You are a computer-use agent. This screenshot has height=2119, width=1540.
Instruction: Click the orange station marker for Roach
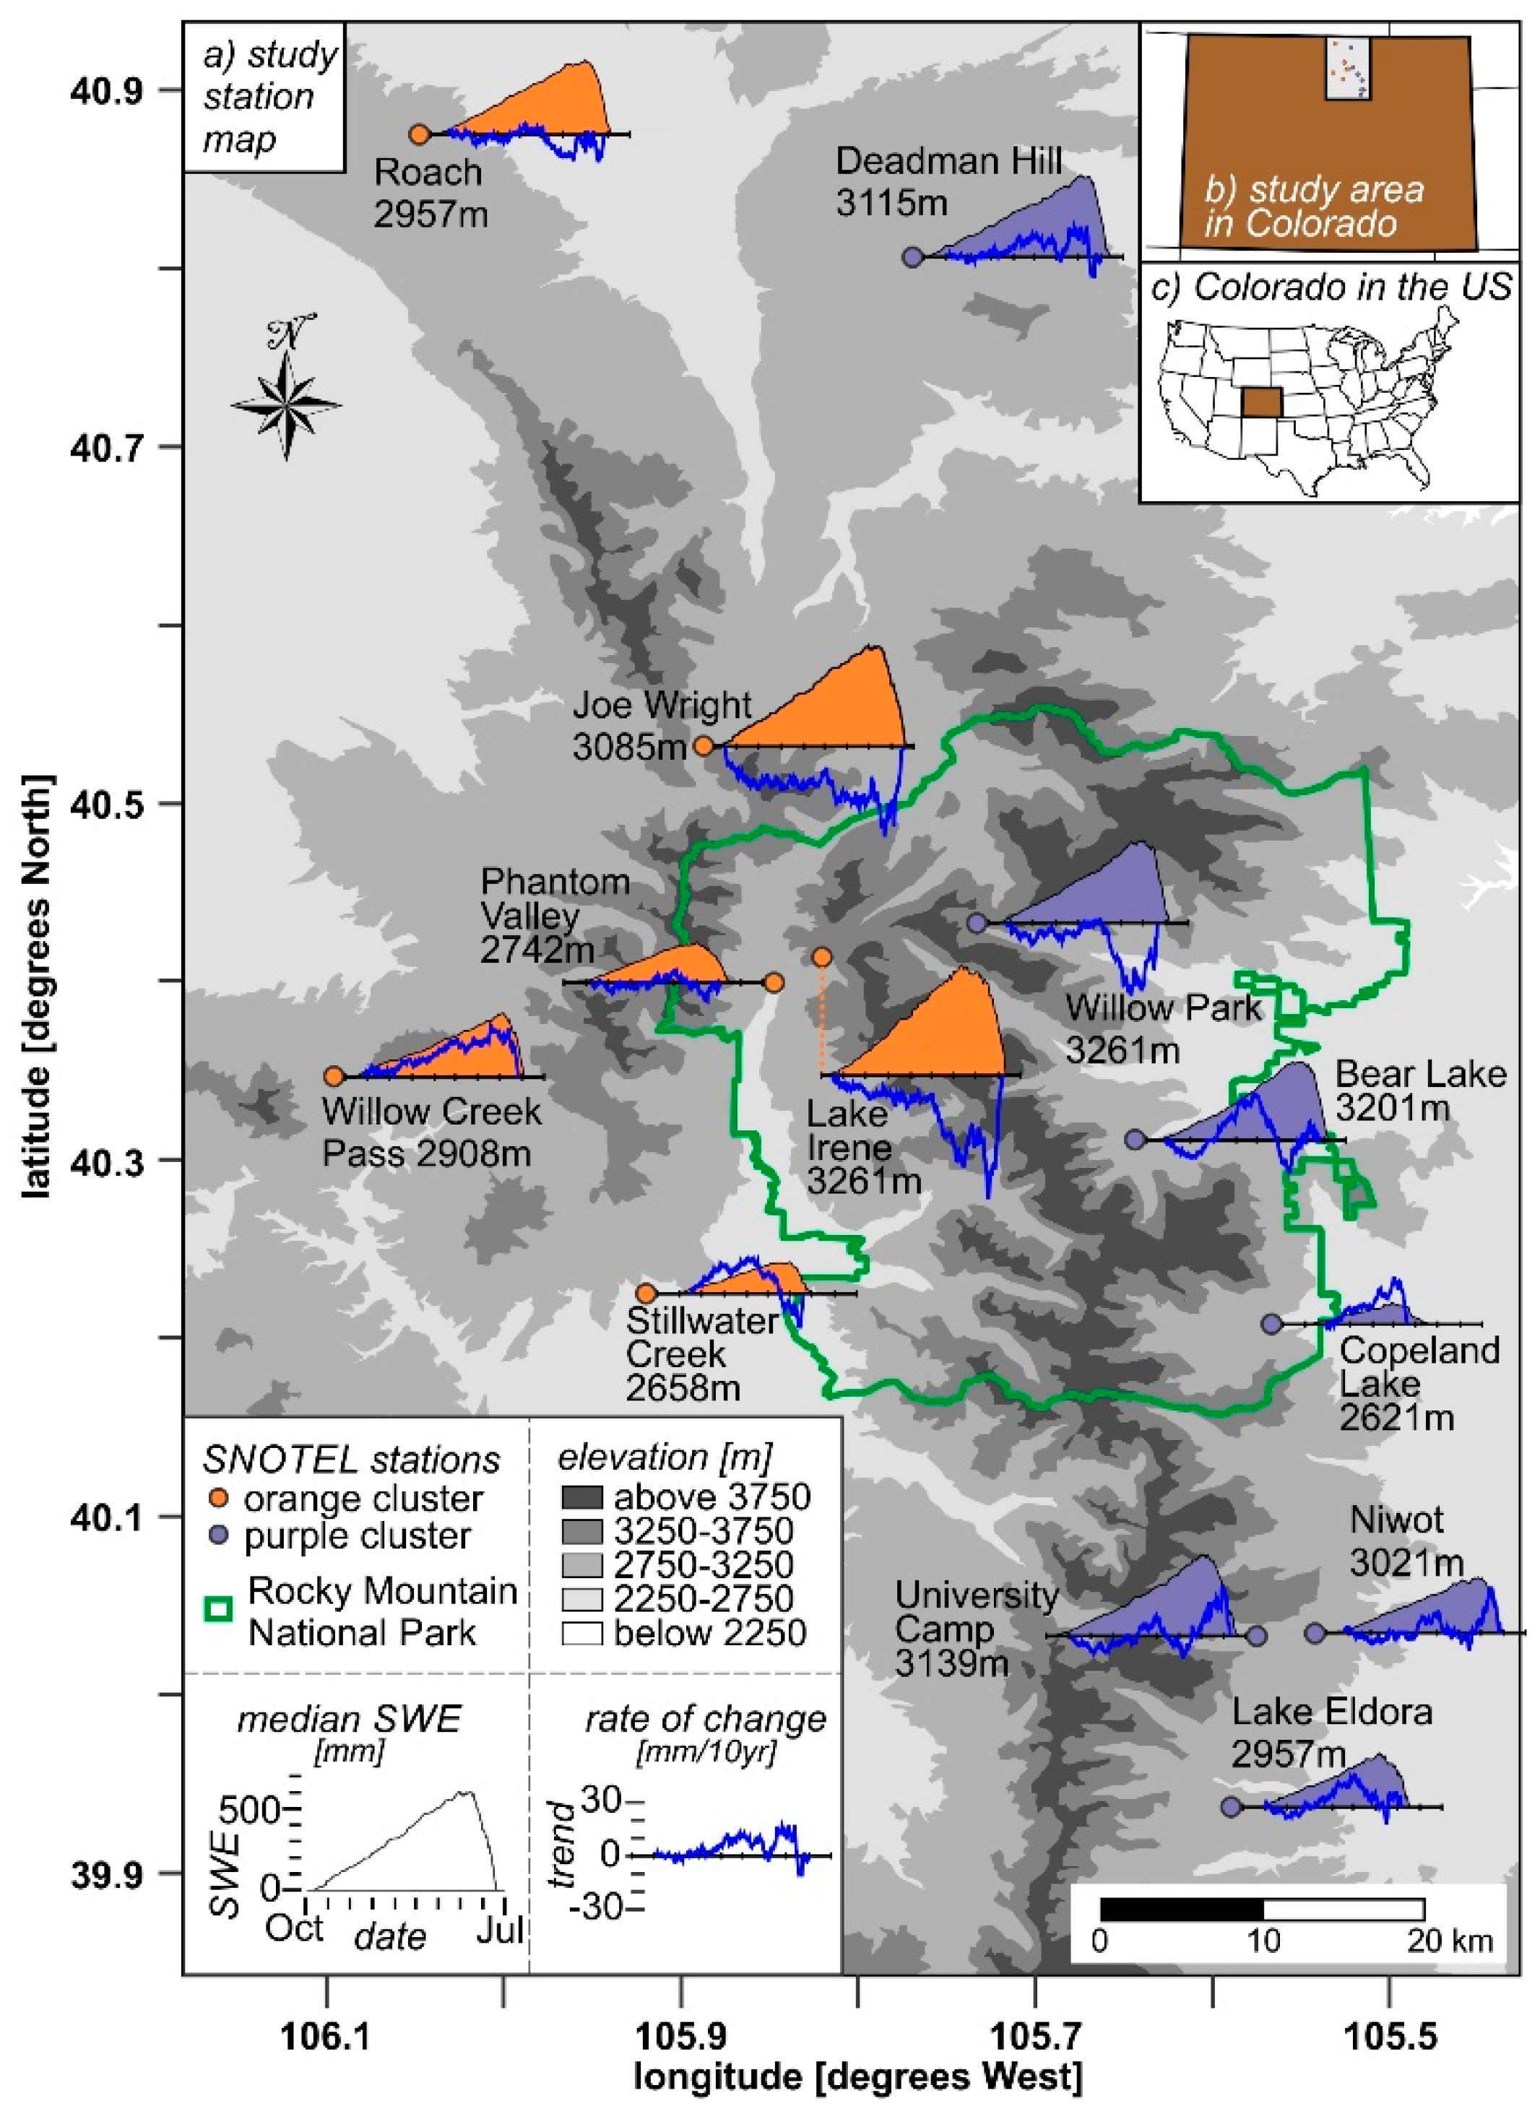(420, 134)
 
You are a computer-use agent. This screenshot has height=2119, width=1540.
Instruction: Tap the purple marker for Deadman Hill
(913, 257)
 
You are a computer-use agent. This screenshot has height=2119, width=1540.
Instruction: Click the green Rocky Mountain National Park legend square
(219, 1609)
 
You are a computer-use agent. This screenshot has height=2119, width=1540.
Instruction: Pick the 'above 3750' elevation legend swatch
(581, 1498)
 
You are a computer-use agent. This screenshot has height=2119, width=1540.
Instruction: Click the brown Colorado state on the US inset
(1260, 403)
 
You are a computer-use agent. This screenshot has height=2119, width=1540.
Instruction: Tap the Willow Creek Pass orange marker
(334, 1076)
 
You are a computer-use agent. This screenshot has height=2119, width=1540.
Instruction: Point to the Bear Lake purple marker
(1135, 1140)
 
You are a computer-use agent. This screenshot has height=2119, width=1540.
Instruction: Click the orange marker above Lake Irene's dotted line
(821, 957)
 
